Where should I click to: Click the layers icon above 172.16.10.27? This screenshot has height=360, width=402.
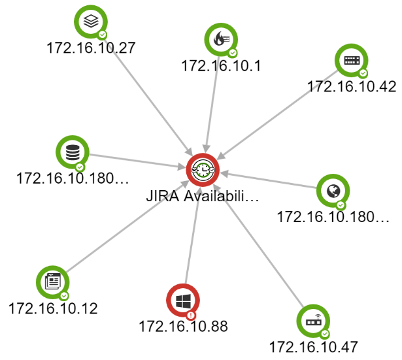click(91, 21)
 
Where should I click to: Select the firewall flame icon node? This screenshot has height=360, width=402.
click(221, 39)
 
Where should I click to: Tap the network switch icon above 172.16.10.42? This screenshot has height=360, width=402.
click(352, 60)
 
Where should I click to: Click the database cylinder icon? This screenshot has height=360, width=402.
click(73, 152)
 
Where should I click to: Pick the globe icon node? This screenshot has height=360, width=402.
click(333, 191)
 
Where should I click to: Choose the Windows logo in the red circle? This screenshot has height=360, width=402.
click(183, 301)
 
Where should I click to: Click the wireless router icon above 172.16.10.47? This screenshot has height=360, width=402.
click(313, 321)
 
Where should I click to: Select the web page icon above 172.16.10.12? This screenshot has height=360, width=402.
click(53, 282)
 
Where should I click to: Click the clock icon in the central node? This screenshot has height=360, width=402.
click(203, 170)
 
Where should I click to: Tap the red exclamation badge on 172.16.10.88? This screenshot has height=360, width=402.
click(191, 315)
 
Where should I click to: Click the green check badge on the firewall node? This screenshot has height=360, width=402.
click(233, 53)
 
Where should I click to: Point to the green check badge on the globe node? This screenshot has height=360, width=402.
click(341, 205)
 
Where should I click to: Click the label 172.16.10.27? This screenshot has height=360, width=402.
click(91, 48)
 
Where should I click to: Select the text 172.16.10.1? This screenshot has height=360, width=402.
click(221, 65)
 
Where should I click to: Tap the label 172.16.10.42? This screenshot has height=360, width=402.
click(352, 86)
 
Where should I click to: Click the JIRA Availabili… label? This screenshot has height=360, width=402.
click(203, 196)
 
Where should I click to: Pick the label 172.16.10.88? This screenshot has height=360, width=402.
click(183, 326)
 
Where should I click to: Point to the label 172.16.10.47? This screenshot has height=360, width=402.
click(313, 347)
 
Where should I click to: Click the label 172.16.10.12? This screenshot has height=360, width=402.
click(53, 308)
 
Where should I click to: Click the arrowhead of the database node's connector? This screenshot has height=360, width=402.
click(182, 167)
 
